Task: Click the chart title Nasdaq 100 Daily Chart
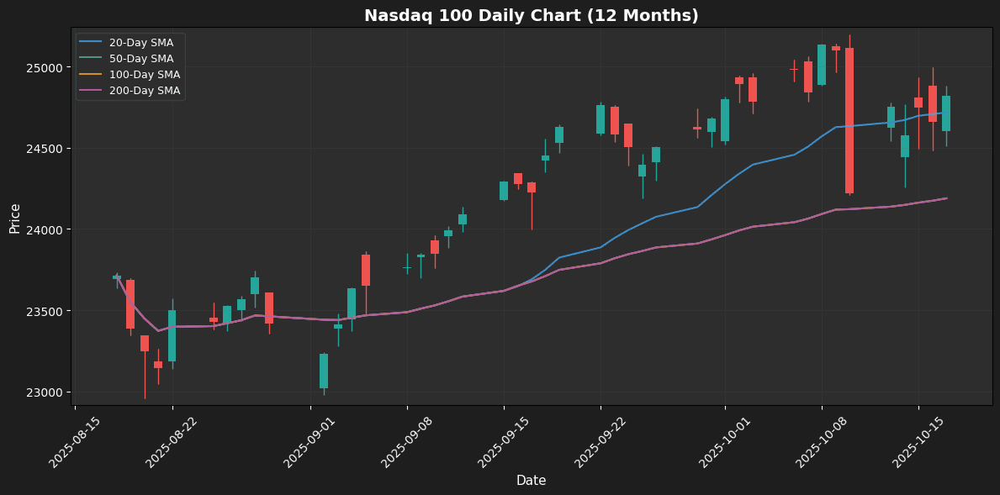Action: [531, 16]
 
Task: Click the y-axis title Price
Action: [15, 219]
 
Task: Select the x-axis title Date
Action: [531, 481]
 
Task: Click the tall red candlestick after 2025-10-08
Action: [849, 120]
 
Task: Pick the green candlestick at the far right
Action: [946, 113]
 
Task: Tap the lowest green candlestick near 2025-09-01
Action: [324, 371]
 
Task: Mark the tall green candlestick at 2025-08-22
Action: [172, 335]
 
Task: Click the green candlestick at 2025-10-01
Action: [725, 120]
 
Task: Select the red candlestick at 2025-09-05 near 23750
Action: [366, 270]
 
